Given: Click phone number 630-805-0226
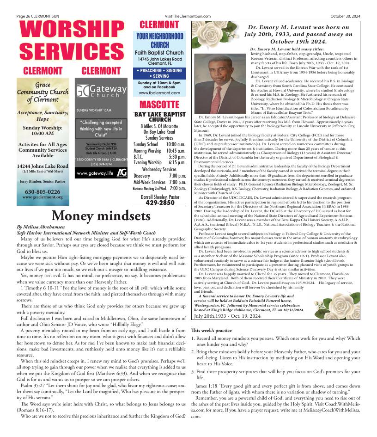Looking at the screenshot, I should click(x=43, y=191).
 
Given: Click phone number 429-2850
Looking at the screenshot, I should click(x=159, y=203).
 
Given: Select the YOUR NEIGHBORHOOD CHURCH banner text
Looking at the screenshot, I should click(x=159, y=41).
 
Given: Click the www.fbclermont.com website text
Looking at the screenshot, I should click(x=159, y=93).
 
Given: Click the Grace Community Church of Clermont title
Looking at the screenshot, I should click(x=43, y=92).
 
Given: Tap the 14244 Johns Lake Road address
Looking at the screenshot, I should click(x=43, y=166).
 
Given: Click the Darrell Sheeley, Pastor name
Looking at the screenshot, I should click(x=159, y=197).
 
